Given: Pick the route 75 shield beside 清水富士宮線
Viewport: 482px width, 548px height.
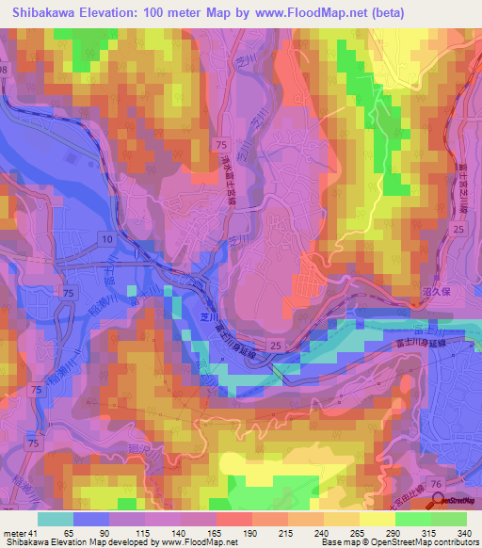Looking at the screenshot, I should [220, 143].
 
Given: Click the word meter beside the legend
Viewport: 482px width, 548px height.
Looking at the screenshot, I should [15, 532].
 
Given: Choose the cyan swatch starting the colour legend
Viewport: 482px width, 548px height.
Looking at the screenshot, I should [56, 519].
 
